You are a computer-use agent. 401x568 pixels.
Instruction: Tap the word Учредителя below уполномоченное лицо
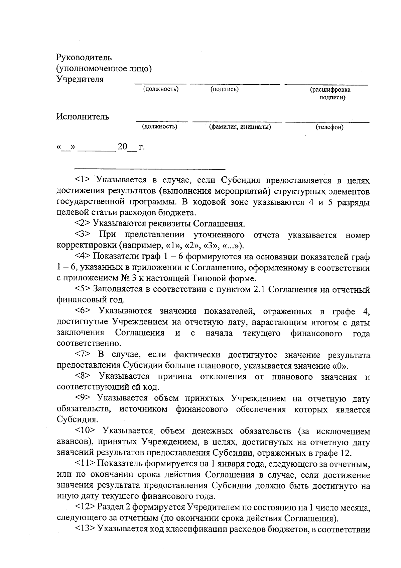pyautogui.click(x=80, y=79)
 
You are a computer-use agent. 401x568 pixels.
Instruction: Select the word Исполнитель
pyautogui.click(x=83, y=117)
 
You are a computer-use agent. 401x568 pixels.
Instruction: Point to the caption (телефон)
pyautogui.click(x=329, y=127)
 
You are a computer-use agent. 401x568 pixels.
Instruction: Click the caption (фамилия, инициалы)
pyautogui.click(x=240, y=127)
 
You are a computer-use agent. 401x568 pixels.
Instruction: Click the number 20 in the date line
pyautogui.click(x=123, y=147)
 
